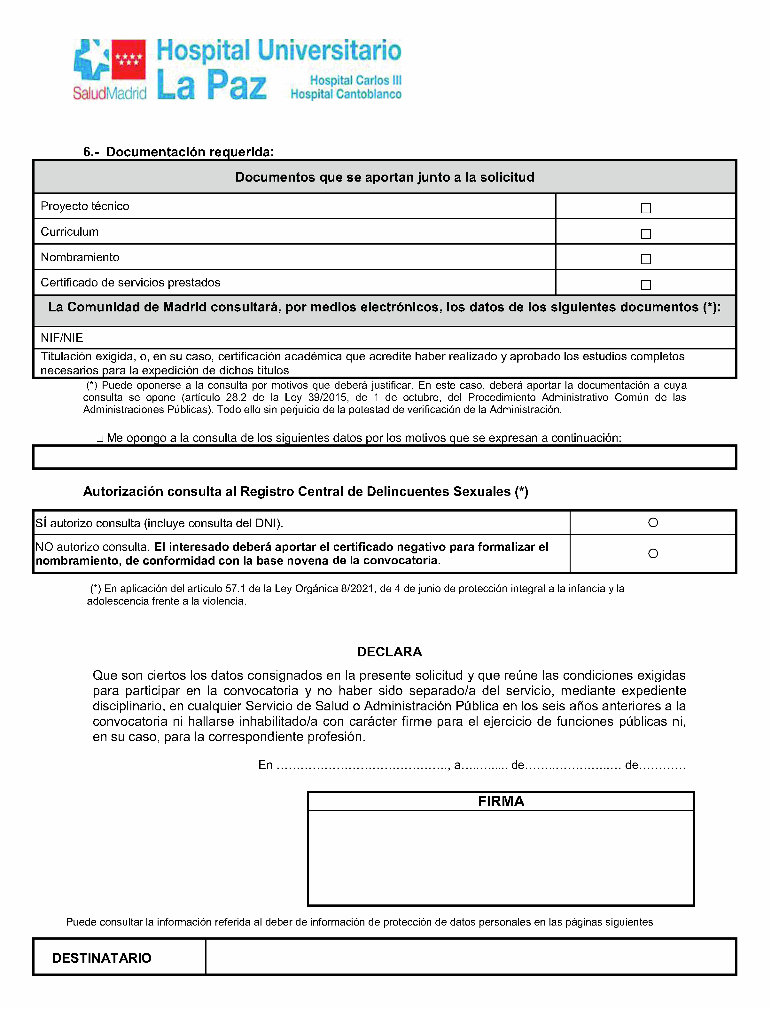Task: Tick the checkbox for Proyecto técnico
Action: pos(646,208)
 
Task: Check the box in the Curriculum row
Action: pos(646,234)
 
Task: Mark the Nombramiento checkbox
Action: pos(646,259)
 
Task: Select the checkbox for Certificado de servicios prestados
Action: pos(646,285)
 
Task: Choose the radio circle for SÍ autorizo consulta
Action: pos(653,522)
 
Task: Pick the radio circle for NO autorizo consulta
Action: pos(653,554)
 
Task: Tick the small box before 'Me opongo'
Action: pos(100,439)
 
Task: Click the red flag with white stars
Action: pos(128,59)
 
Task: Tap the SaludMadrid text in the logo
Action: pos(109,93)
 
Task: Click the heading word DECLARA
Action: pos(389,652)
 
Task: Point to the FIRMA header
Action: pos(501,801)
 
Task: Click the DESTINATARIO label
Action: pos(102,958)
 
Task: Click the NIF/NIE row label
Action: pos(62,338)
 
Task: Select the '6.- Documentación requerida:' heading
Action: pos(178,152)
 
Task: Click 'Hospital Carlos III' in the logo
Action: pos(356,80)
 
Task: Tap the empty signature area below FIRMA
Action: pos(501,857)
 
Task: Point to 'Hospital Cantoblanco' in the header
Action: pos(346,94)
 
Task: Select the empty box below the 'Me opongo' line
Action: pos(385,457)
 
